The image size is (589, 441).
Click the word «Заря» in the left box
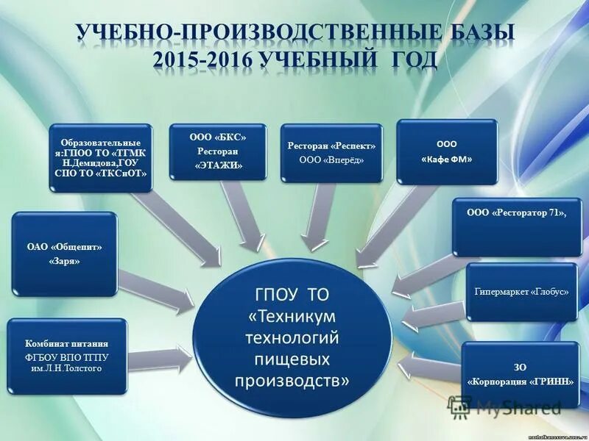[x=65, y=261]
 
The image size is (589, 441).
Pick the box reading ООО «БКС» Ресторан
[x=216, y=151]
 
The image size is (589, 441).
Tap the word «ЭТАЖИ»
[x=217, y=166]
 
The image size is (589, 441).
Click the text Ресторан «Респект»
[x=331, y=146]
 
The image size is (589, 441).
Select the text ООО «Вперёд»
[x=331, y=159]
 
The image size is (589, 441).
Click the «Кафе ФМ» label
[x=447, y=159]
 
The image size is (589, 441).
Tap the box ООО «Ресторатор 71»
[x=517, y=226]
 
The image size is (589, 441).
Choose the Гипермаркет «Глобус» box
[x=520, y=292]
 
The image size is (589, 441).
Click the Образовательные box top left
[x=101, y=157]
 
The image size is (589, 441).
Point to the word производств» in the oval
[x=292, y=381]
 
